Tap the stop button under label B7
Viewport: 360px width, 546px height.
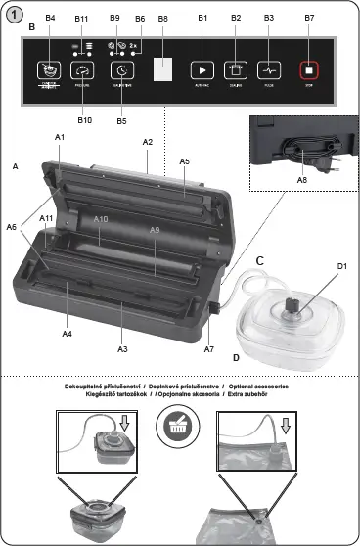point(309,69)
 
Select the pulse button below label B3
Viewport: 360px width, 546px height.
point(269,69)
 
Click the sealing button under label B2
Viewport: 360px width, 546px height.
point(235,69)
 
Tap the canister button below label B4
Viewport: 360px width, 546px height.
point(49,70)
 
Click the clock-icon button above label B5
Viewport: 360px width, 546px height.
point(121,70)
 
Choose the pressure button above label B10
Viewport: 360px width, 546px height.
point(84,70)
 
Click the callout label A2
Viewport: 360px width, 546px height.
point(148,143)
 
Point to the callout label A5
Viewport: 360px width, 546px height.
point(185,160)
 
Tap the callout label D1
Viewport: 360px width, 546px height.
point(342,266)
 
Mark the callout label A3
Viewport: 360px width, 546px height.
point(123,348)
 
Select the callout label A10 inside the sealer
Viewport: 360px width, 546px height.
point(101,220)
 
